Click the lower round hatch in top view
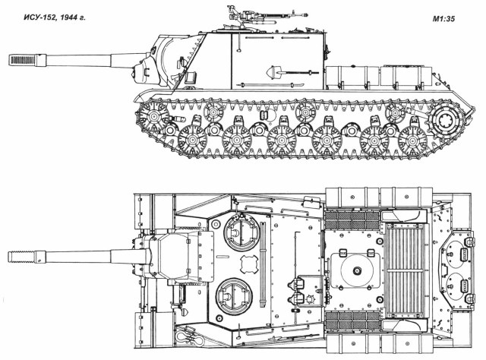(230, 292)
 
